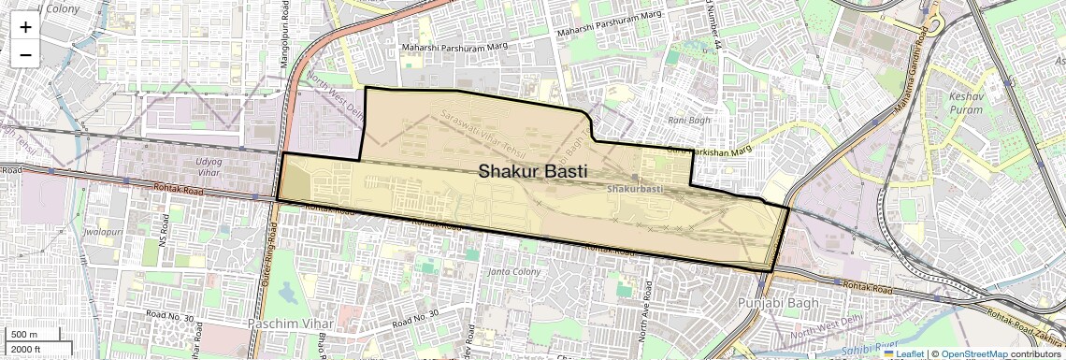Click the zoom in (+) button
point(25,27)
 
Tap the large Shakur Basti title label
point(533,172)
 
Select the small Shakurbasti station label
point(634,189)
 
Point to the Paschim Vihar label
point(285,323)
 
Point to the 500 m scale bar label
point(25,334)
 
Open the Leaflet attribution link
point(903,354)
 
